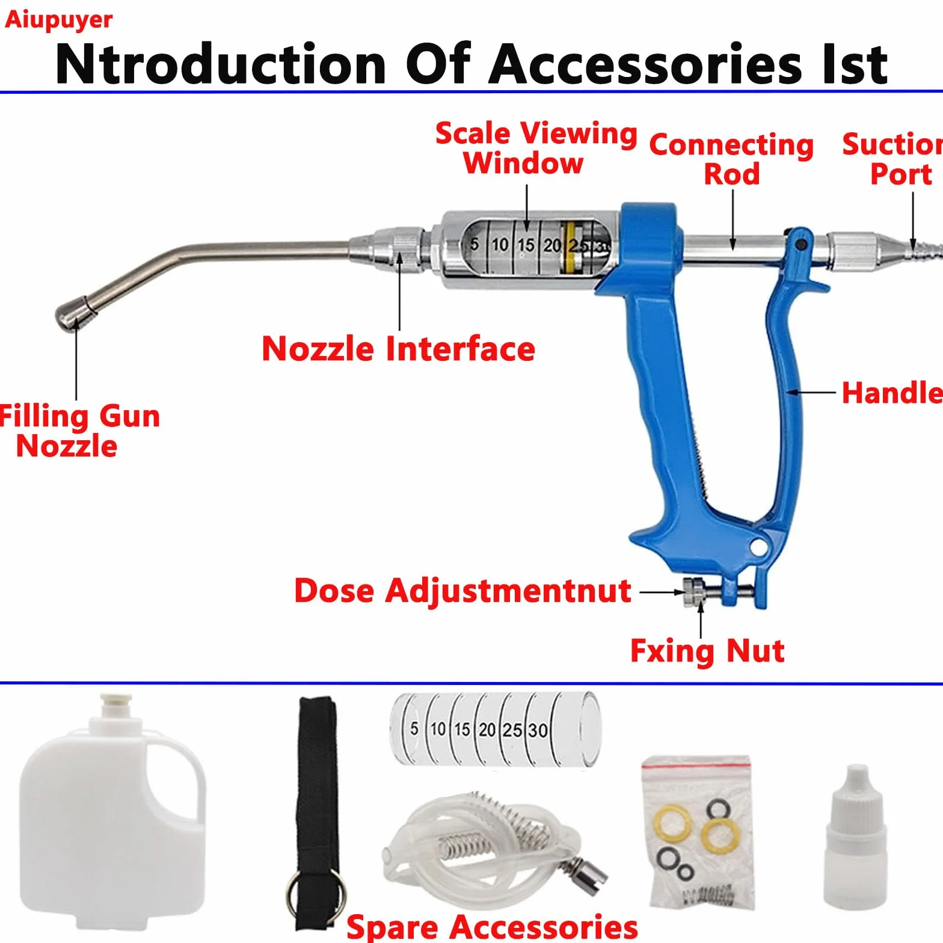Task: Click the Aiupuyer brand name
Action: click(x=58, y=19)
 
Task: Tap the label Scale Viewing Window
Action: click(x=535, y=148)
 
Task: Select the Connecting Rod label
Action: click(x=731, y=159)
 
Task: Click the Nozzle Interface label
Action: click(x=398, y=349)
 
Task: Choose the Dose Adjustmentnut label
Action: click(x=462, y=591)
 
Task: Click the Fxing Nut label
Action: click(x=707, y=651)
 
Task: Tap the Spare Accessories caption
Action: click(x=492, y=927)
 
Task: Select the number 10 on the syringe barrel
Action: click(x=500, y=245)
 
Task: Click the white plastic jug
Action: click(x=112, y=812)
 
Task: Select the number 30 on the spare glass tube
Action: click(x=538, y=730)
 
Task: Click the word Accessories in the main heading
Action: click(x=646, y=64)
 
